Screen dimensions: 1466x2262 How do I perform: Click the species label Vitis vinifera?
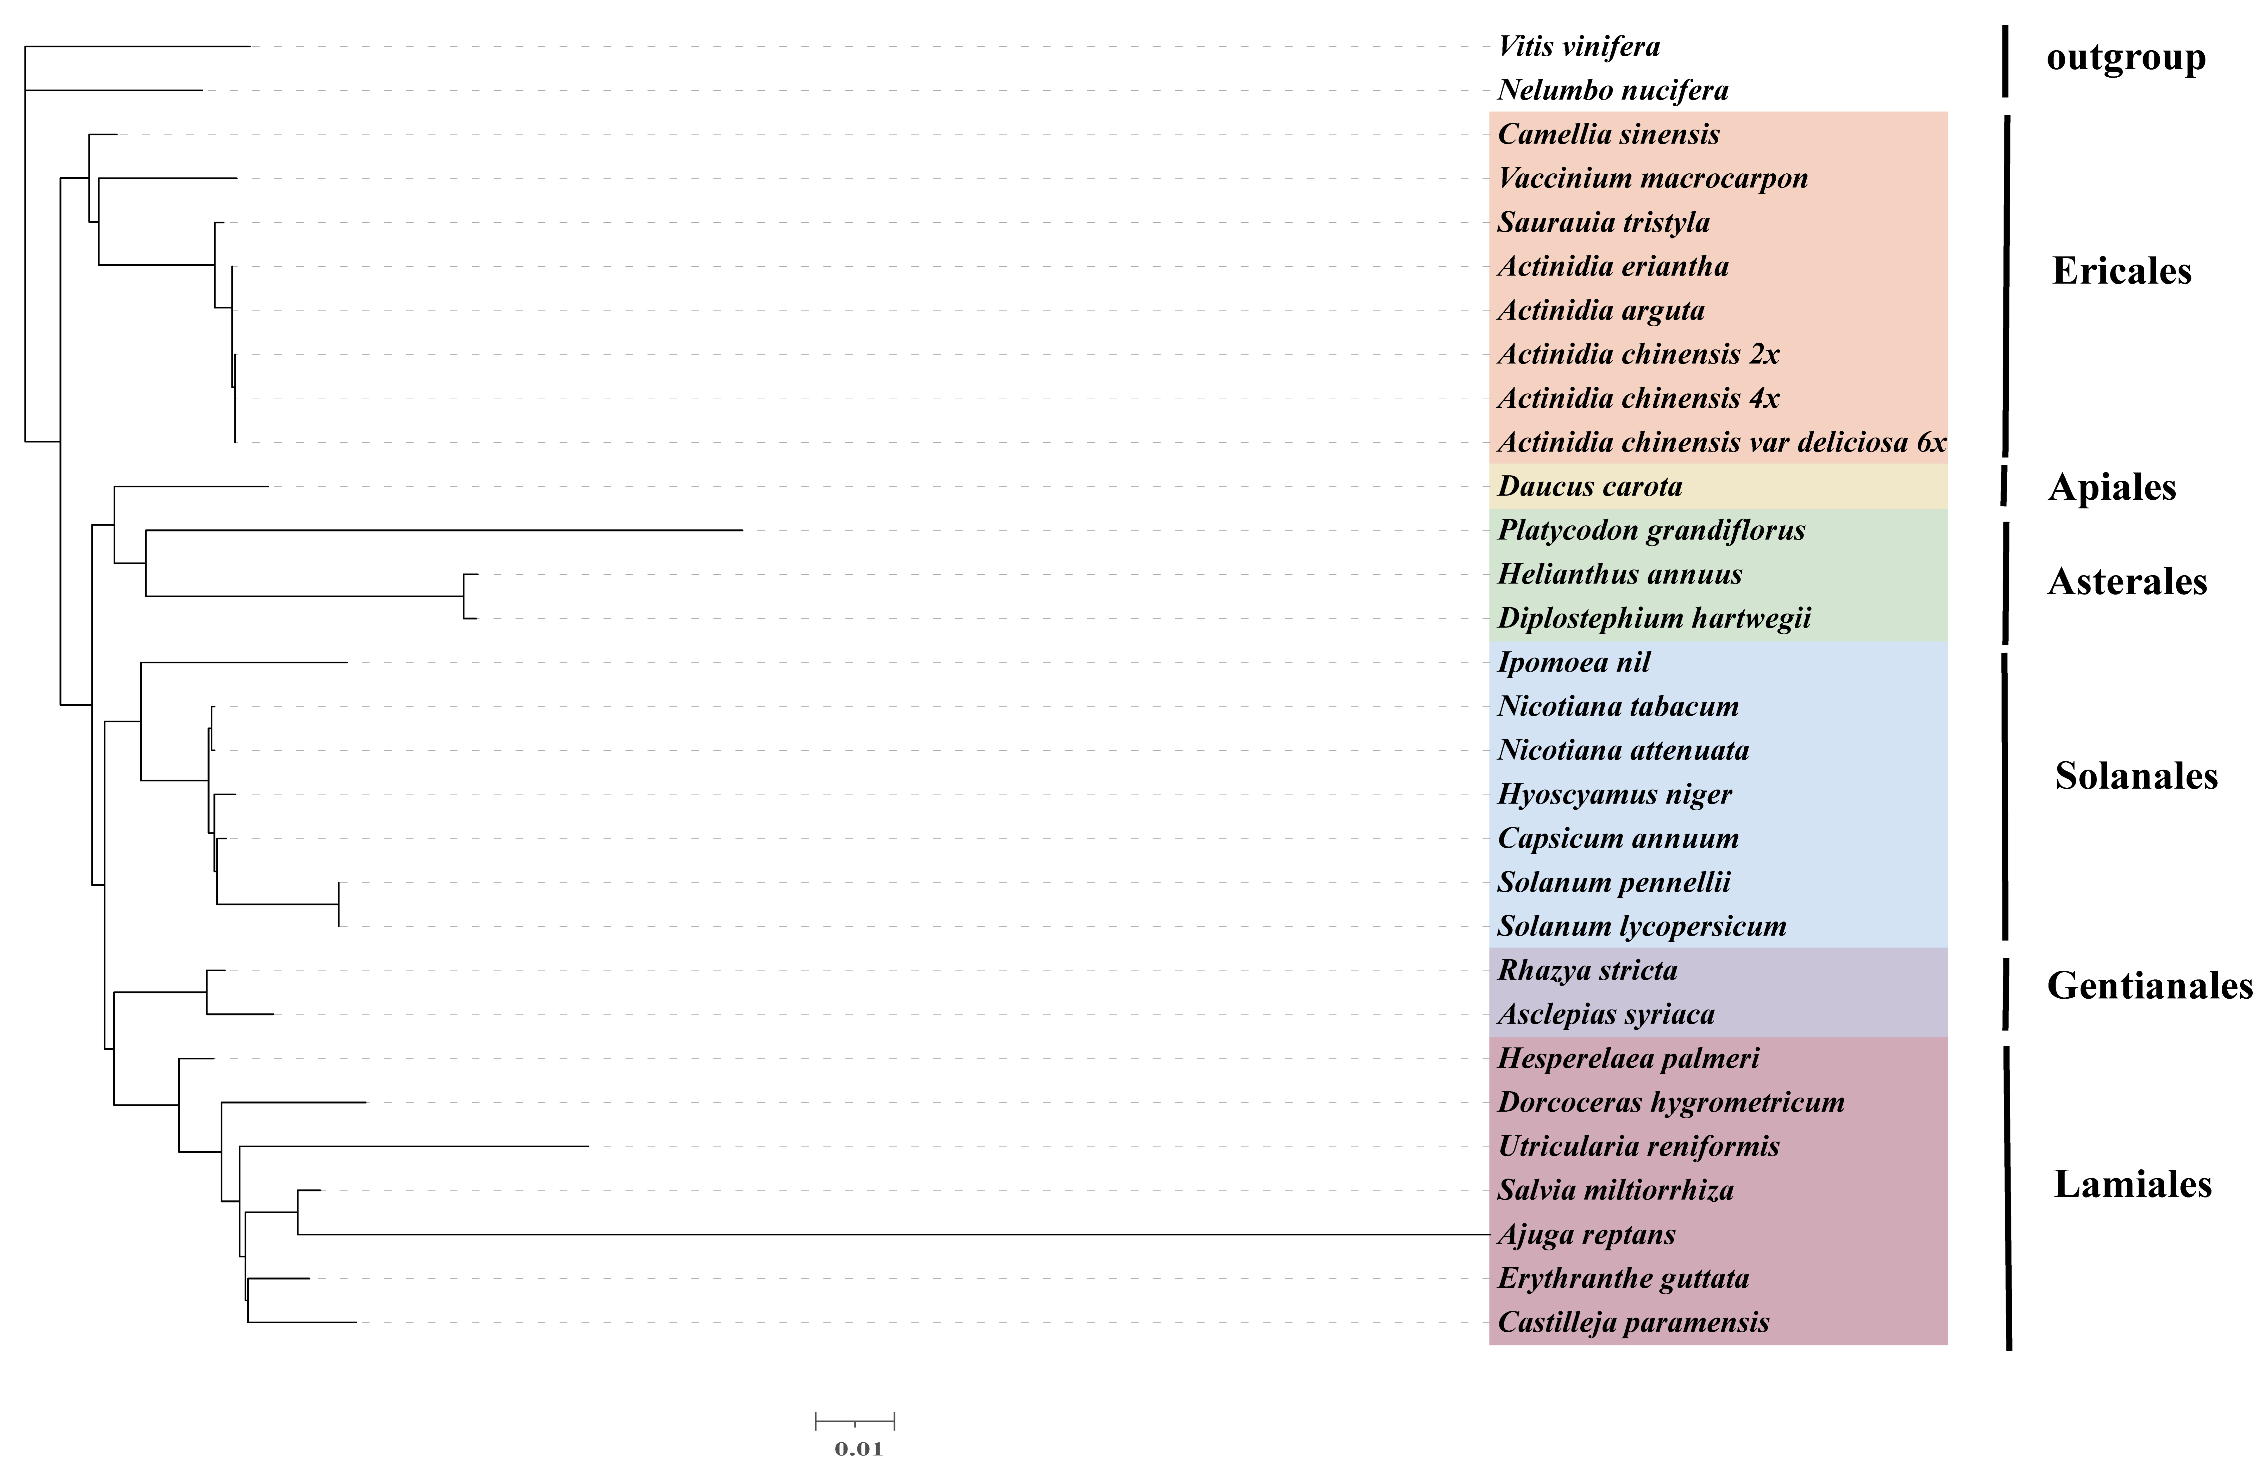[x=1579, y=47]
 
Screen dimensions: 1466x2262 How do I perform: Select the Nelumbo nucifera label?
[x=1613, y=90]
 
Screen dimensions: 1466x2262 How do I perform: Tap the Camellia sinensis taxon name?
[x=1608, y=134]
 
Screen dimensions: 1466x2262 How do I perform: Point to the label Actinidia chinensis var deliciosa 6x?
[x=1721, y=442]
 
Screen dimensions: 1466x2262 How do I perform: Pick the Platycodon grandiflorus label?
[x=1651, y=530]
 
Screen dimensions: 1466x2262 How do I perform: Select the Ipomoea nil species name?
[x=1574, y=663]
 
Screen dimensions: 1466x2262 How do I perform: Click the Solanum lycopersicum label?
[x=1641, y=926]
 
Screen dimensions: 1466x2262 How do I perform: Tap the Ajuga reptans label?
[x=1586, y=1234]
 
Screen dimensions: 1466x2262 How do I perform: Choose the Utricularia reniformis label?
[x=1638, y=1147]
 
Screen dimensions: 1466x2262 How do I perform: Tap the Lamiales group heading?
[x=2133, y=1185]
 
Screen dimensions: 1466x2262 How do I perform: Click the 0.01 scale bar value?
[x=858, y=1449]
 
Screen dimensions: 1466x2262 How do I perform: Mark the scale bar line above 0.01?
[x=855, y=1422]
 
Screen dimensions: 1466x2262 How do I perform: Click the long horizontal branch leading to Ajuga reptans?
[x=893, y=1234]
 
